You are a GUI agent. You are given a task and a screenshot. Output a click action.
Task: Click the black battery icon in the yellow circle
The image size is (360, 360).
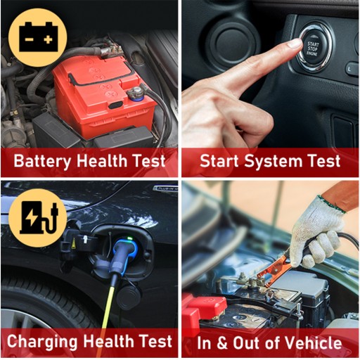click(x=38, y=37)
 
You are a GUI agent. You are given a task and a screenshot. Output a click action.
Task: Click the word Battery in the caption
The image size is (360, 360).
click(x=42, y=161)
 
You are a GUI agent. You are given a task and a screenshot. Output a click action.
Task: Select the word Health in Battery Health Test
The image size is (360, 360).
click(x=102, y=161)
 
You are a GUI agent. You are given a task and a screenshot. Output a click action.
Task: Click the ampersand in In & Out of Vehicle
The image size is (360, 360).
click(x=222, y=343)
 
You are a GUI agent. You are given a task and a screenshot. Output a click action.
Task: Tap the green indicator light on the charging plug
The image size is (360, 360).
click(x=129, y=239)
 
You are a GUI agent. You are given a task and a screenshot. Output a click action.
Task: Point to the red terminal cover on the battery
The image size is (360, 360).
click(x=206, y=307)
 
